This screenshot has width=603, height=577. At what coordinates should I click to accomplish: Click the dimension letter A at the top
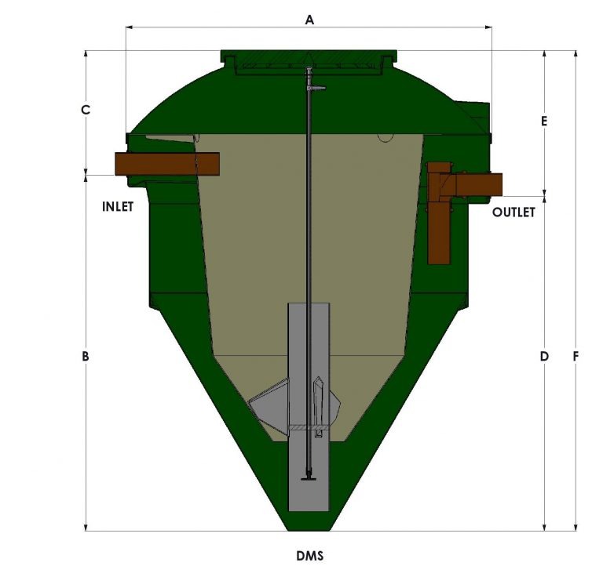click(309, 20)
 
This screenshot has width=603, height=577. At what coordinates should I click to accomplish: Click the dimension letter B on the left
click(86, 357)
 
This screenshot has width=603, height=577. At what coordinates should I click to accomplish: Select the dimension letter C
click(86, 111)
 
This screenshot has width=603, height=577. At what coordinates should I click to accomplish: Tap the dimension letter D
click(544, 357)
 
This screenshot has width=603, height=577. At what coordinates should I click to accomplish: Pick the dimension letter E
click(544, 121)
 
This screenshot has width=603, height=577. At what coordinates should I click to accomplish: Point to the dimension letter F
click(576, 357)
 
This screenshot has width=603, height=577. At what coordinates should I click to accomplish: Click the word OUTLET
click(513, 212)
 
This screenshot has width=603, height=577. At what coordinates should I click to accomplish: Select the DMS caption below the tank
click(309, 556)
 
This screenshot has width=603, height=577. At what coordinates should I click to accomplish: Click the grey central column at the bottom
click(309, 470)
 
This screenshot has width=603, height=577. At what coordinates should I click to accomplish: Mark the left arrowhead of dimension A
click(130, 27)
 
